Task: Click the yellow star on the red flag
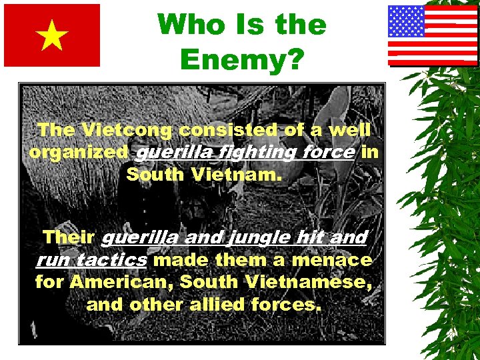click(x=53, y=37)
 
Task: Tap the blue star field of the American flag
click(x=406, y=21)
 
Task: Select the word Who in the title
click(x=189, y=25)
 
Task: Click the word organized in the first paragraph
click(x=79, y=153)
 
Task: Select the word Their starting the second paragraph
click(x=68, y=237)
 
